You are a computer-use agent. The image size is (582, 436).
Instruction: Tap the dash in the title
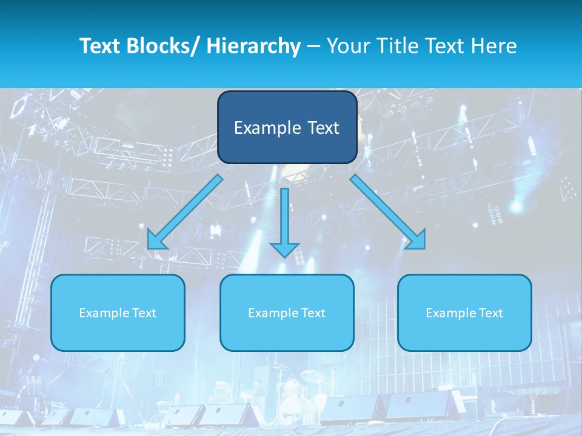tap(313, 46)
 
